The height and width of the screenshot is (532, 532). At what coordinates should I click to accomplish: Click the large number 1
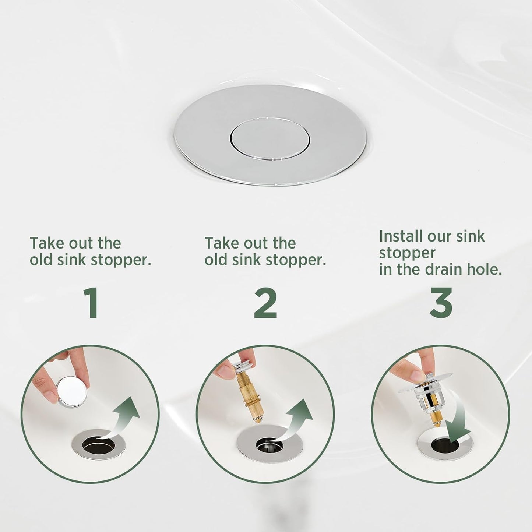(91, 303)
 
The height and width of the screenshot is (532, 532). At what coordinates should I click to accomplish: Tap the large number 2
(265, 303)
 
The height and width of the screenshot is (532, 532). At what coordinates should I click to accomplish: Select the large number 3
(441, 303)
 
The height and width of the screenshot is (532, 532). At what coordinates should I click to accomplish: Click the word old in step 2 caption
(215, 260)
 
